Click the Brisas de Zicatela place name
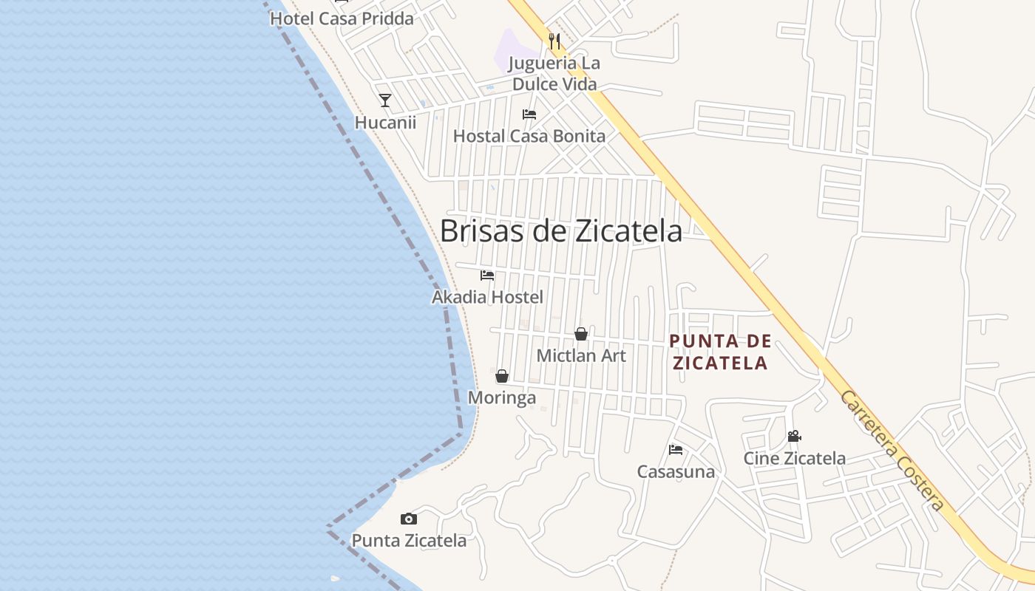tap(561, 231)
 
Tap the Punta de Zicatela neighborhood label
tap(719, 352)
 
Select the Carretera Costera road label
tap(892, 451)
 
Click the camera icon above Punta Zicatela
tap(409, 519)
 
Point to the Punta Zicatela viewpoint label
tap(409, 541)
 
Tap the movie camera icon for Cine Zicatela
tap(795, 437)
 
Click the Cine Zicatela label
tap(795, 458)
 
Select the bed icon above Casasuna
tap(676, 449)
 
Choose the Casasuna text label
tap(676, 471)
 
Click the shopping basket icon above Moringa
tap(502, 376)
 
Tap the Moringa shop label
tap(502, 398)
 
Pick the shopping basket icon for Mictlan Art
tap(581, 334)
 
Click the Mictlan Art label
tap(581, 355)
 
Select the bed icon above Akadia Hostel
tap(487, 276)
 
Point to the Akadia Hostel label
tap(487, 297)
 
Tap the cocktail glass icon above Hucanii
tap(385, 100)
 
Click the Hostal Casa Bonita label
tap(529, 136)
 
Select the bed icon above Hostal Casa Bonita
tap(529, 115)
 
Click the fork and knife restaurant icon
tap(554, 41)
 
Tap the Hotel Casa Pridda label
tap(342, 18)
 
